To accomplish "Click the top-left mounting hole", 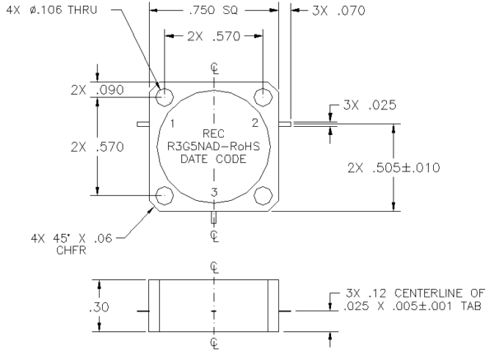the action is coord(165,96).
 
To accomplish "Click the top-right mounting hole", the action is coord(263,96).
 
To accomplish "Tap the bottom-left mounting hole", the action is coord(165,195).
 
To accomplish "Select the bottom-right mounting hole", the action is coord(263,195).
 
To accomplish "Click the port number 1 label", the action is coord(172,124).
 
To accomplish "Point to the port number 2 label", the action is coord(255,123).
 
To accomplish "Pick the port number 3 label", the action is coord(214,192).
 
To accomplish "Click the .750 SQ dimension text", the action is coord(213,11).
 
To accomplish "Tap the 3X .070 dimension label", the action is coord(338,11).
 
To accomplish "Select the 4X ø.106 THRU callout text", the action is coord(52,10).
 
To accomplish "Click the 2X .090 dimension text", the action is coord(97,90).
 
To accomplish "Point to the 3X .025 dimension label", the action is coord(370,105).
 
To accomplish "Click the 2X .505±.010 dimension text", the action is coord(394,168).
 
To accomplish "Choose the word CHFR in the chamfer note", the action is coord(71,250).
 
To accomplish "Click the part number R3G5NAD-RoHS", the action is coord(213,147).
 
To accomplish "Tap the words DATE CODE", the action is coord(213,159).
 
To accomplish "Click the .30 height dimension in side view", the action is coord(100,306).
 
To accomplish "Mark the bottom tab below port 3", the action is coord(213,217).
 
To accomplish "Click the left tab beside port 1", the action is coord(143,124).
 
